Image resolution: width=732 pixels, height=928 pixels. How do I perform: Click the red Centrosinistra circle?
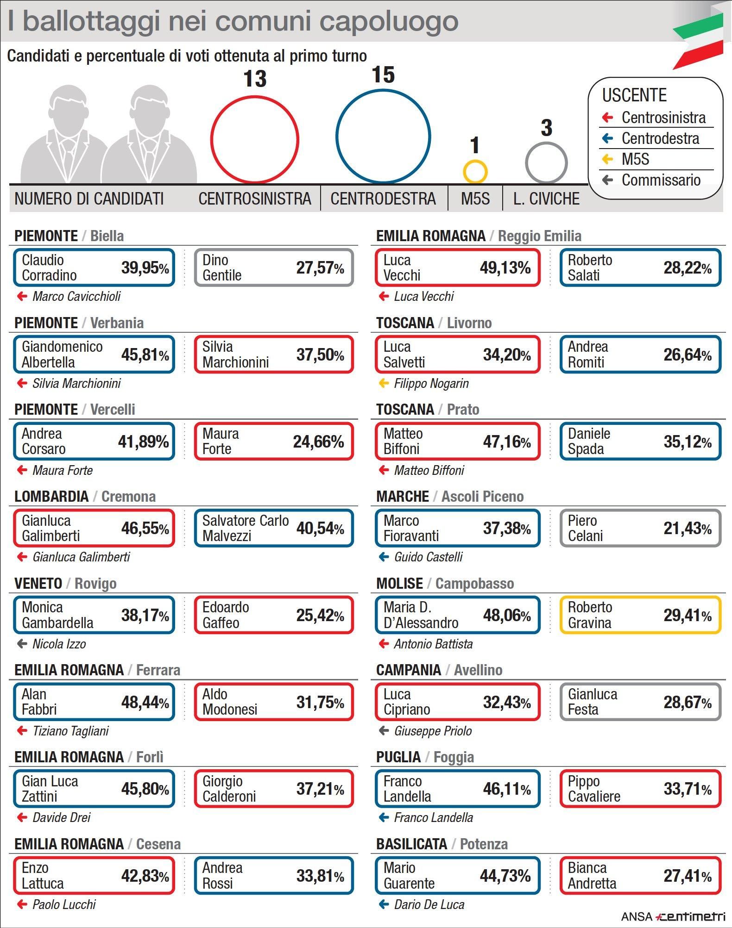click(x=254, y=139)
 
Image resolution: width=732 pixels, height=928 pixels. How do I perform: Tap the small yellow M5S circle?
click(x=475, y=172)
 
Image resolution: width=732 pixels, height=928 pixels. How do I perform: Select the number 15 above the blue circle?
click(x=383, y=75)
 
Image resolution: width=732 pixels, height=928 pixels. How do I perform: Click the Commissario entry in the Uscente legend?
click(x=660, y=180)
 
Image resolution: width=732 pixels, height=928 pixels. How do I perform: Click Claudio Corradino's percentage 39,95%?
click(x=145, y=268)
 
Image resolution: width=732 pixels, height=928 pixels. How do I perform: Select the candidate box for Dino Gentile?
click(x=274, y=268)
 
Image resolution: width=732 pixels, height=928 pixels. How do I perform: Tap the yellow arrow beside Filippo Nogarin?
click(x=384, y=383)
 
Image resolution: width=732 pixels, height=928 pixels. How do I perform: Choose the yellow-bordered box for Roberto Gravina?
click(x=640, y=615)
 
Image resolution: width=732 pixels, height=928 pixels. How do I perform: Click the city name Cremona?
click(x=128, y=496)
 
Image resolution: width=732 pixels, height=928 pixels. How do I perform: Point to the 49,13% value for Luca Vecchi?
click(x=505, y=268)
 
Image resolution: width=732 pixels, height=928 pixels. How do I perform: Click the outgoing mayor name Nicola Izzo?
click(x=59, y=644)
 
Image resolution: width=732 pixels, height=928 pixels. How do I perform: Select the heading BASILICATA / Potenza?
click(x=442, y=844)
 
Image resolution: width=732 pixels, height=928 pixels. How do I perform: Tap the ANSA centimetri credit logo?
click(x=673, y=916)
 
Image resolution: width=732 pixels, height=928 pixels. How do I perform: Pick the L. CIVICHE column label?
click(x=546, y=199)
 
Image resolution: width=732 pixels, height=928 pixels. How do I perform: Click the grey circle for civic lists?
click(x=546, y=163)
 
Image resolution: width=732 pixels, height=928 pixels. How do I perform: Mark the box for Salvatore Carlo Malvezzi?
click(x=274, y=528)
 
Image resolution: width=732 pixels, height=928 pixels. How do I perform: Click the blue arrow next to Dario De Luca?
click(x=384, y=904)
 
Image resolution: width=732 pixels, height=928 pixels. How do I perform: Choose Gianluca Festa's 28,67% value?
click(x=687, y=702)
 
